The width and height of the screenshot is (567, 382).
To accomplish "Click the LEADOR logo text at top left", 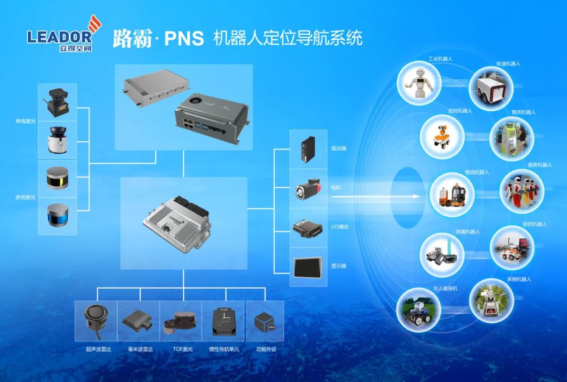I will [x=59, y=36].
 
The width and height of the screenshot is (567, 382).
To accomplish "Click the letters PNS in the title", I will [x=184, y=38].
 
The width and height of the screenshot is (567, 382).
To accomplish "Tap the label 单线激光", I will [x=25, y=121].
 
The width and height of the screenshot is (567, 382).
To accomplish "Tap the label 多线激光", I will [x=25, y=197].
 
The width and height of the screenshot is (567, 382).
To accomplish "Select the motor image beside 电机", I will [x=308, y=189].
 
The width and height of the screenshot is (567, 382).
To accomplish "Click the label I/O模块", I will [x=340, y=227].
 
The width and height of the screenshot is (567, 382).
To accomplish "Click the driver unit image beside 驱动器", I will [x=308, y=149].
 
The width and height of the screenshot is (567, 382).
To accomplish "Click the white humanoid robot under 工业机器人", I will [x=419, y=82].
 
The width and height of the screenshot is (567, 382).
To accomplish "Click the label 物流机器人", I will [x=477, y=172].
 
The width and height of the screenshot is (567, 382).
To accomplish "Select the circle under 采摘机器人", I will [x=491, y=301].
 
